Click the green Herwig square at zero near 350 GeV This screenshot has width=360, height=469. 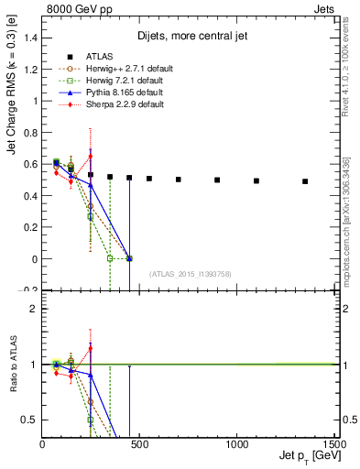pos(110,258)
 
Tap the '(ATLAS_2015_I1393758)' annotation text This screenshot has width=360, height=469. pos(191,273)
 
